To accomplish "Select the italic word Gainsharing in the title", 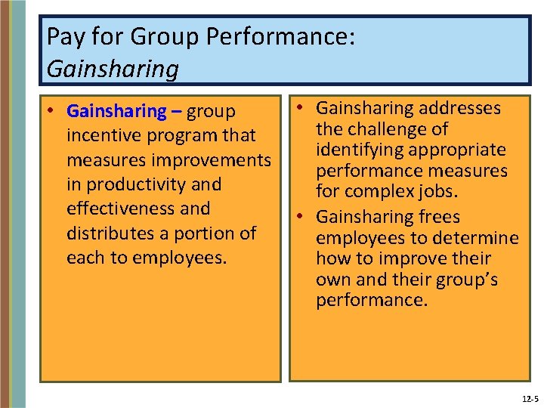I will (x=113, y=69).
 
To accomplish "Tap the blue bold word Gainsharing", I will (x=116, y=112).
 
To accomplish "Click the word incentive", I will (x=105, y=136).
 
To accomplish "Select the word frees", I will (x=439, y=217).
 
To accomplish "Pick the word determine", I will (x=481, y=238).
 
